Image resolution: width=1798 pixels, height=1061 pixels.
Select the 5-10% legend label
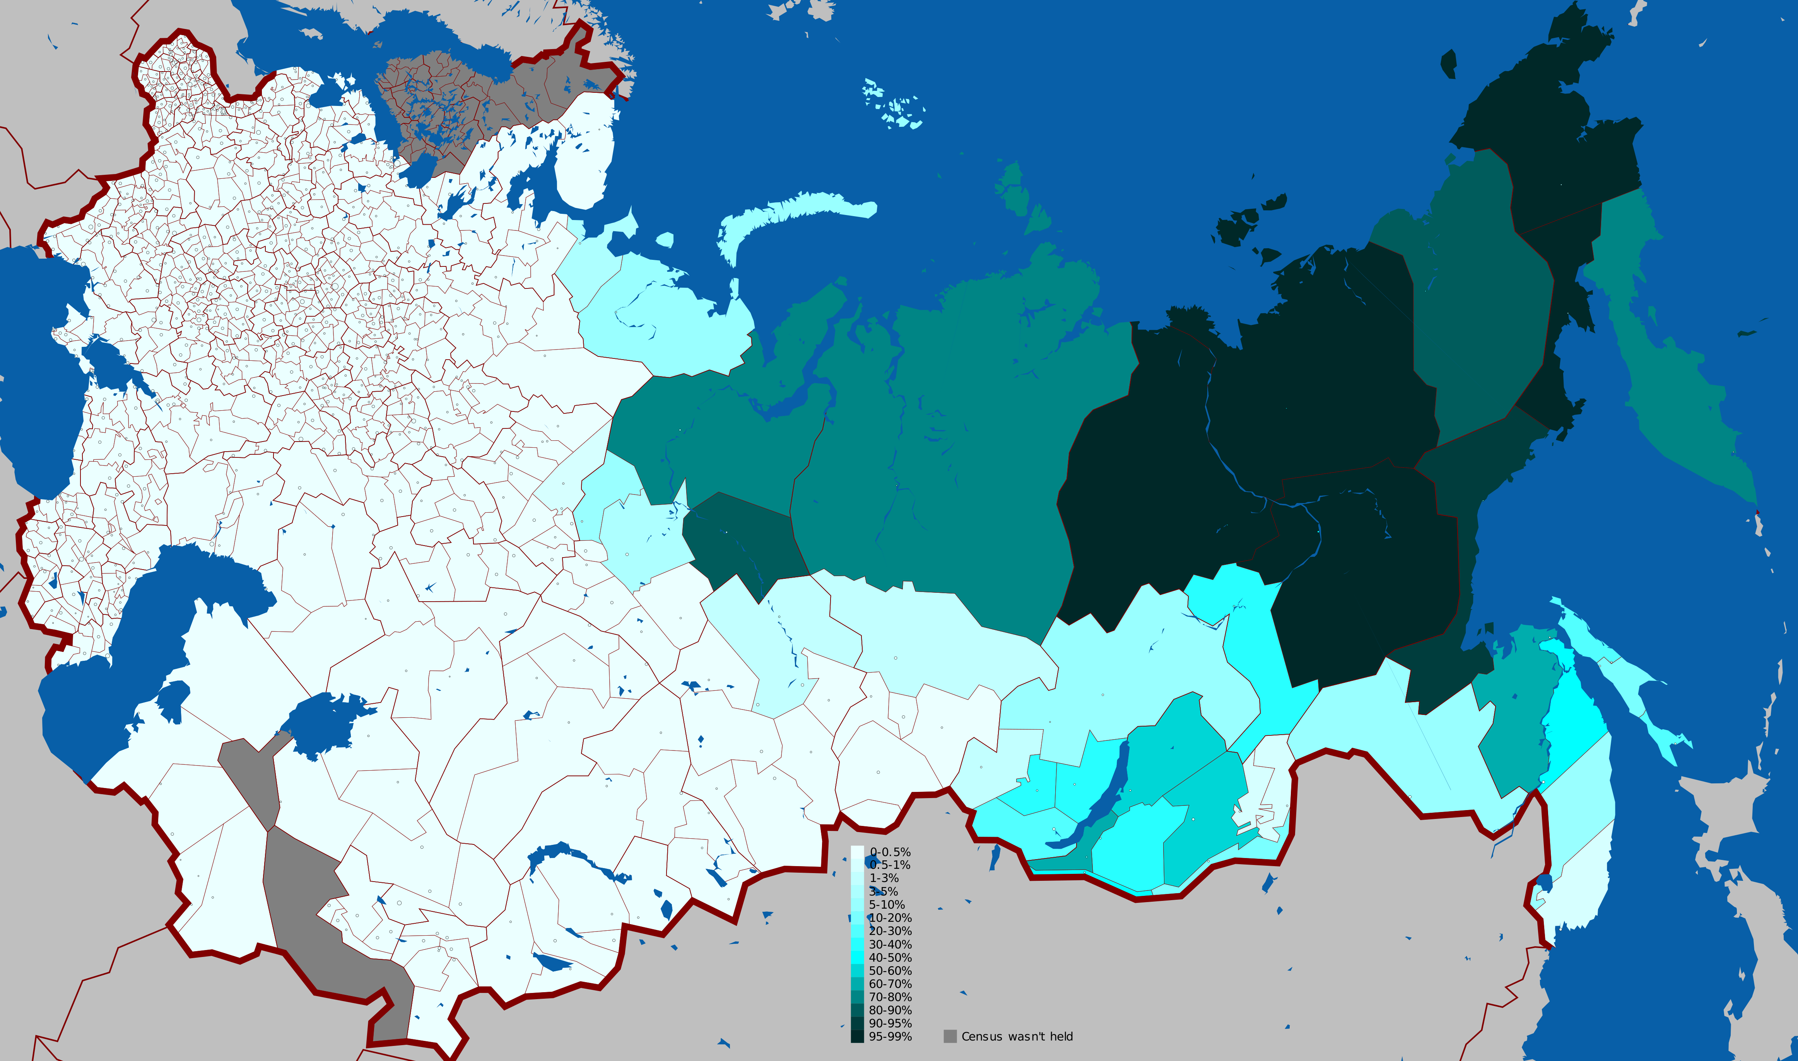pos(887,904)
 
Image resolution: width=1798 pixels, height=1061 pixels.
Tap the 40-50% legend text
pos(890,957)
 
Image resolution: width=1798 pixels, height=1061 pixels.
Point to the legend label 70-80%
pos(890,997)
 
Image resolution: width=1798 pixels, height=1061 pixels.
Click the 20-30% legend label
pos(890,931)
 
